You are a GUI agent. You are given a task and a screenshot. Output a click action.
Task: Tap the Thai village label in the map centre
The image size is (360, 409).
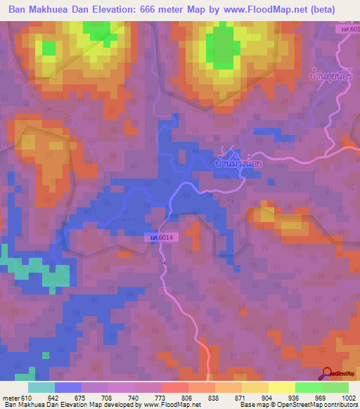[x=235, y=163]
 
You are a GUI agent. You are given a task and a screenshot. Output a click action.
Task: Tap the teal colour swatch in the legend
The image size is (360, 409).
[x=41, y=387]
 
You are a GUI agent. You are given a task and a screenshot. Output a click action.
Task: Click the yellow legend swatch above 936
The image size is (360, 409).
[x=281, y=387]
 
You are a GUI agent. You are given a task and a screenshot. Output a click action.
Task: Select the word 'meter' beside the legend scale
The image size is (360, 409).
[x=10, y=398]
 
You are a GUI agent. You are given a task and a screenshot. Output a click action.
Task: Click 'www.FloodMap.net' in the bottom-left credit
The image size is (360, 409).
[x=173, y=405]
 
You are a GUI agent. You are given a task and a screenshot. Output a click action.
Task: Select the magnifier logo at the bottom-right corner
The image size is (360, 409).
[x=326, y=373]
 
